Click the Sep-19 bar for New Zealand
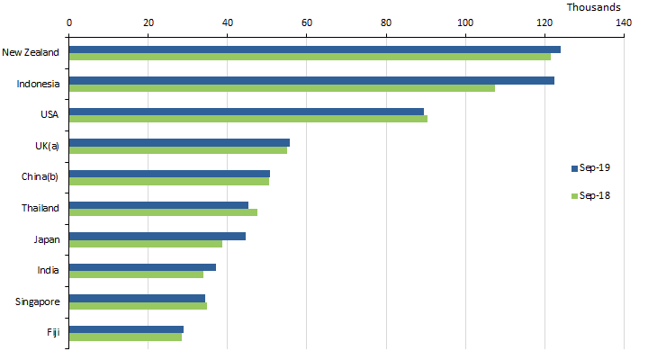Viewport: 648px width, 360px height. click(315, 49)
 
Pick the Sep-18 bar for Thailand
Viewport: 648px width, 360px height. click(163, 212)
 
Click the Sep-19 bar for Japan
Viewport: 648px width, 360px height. click(157, 236)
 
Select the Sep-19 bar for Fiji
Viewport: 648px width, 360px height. click(126, 329)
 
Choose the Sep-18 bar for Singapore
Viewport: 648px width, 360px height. click(138, 306)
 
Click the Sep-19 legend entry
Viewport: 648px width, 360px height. click(591, 167)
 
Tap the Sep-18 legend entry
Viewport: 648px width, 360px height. click(591, 195)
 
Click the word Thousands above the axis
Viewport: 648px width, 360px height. click(593, 7)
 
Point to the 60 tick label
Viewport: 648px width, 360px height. click(307, 23)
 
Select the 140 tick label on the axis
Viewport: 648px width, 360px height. click(624, 23)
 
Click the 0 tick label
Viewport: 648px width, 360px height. click(69, 23)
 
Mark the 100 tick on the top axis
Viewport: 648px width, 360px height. click(465, 23)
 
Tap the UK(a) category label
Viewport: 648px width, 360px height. click(46, 146)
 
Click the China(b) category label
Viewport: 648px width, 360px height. click(40, 177)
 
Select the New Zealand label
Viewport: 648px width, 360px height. click(31, 52)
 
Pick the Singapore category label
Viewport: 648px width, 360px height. click(38, 301)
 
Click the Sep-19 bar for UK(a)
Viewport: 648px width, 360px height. click(179, 142)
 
